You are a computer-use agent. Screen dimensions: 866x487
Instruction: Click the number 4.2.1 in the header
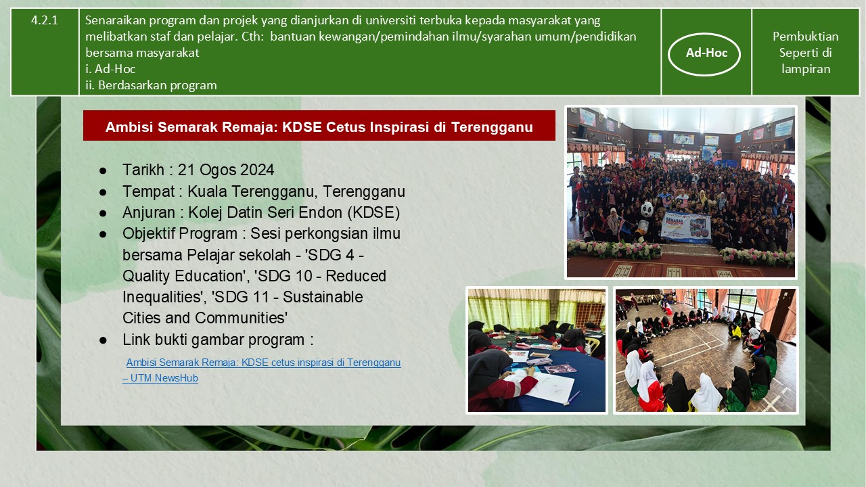[x=45, y=20]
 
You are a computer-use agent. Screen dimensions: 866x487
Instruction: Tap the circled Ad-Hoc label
[x=706, y=53]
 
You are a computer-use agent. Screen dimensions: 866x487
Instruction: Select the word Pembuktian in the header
[x=805, y=37]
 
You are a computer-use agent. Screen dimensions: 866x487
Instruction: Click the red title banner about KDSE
[x=319, y=126]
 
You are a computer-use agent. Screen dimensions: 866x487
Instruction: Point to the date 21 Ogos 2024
[x=226, y=170]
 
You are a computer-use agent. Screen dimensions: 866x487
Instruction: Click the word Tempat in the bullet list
[x=148, y=191]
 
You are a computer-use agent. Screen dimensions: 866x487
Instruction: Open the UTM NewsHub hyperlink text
[x=262, y=370]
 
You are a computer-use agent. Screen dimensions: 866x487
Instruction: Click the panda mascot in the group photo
[x=645, y=220]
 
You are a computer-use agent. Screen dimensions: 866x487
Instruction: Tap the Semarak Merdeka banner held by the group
[x=685, y=228]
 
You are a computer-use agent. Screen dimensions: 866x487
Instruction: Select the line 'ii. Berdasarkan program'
[x=151, y=85]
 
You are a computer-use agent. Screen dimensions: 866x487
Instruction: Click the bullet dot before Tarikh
[x=103, y=170]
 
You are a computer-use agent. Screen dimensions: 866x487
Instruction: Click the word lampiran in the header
[x=806, y=69]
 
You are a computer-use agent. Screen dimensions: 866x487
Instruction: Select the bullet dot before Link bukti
[x=103, y=340]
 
